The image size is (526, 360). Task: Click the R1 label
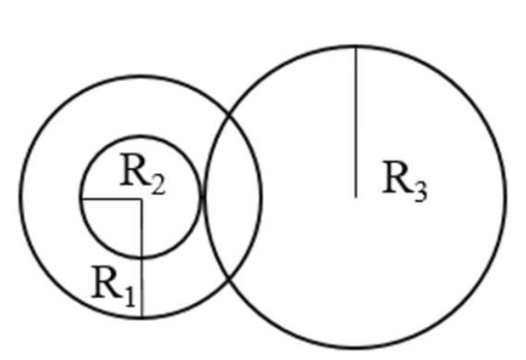click(x=113, y=286)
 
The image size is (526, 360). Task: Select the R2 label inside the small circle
click(x=143, y=174)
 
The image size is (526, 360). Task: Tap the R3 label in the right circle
click(x=405, y=181)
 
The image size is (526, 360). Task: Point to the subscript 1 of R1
click(x=129, y=297)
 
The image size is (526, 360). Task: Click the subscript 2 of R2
click(x=158, y=185)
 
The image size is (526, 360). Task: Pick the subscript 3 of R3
click(x=421, y=192)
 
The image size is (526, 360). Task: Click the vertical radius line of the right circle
click(x=356, y=122)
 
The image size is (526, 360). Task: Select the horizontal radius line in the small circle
click(x=112, y=199)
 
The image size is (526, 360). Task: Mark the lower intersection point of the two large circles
click(x=230, y=278)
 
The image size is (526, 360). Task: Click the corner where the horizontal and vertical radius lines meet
click(x=142, y=199)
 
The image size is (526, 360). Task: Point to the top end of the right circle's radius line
click(x=356, y=47)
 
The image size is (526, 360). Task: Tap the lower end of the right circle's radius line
click(x=356, y=197)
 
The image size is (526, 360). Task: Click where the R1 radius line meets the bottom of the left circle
click(x=142, y=316)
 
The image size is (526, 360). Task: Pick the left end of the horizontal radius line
click(x=82, y=199)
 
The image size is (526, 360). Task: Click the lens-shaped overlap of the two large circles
click(x=233, y=197)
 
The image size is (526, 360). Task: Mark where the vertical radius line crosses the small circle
click(x=142, y=257)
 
